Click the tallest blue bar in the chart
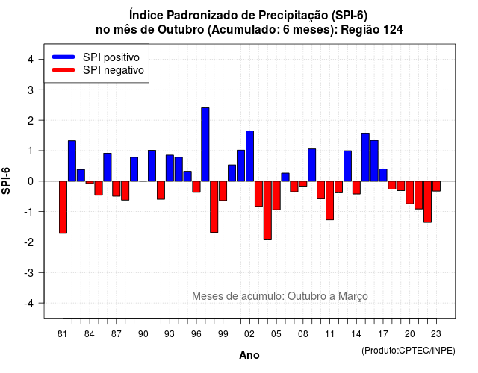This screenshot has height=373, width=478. click(x=205, y=144)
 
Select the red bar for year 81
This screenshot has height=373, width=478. click(x=63, y=207)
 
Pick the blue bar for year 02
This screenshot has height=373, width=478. click(x=249, y=156)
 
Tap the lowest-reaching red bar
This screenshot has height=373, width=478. click(x=267, y=210)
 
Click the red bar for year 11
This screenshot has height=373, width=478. click(x=329, y=201)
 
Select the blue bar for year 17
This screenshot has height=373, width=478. click(x=383, y=175)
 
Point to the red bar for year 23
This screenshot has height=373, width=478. click(x=436, y=186)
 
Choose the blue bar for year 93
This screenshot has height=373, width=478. click(x=170, y=168)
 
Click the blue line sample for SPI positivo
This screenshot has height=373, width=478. click(x=63, y=57)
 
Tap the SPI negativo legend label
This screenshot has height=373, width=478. click(x=113, y=70)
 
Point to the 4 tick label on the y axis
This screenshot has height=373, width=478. click(x=31, y=60)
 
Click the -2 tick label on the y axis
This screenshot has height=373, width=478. click(x=29, y=242)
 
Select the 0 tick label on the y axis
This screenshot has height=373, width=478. click(x=31, y=181)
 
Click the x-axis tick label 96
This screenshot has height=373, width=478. click(x=196, y=334)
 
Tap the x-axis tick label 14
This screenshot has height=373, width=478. click(x=356, y=334)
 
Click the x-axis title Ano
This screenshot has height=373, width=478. click(x=249, y=355)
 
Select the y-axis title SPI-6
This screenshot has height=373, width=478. click(x=6, y=181)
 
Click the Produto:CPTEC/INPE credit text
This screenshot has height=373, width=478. click(x=409, y=351)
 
